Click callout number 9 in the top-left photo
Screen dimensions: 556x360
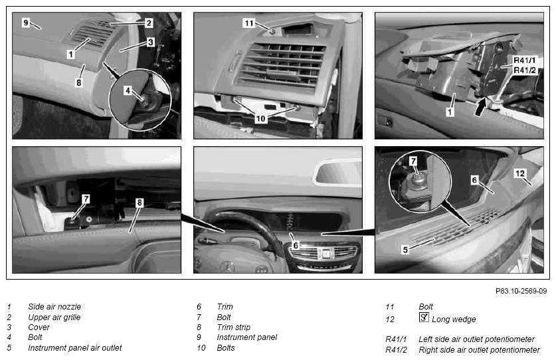(25, 23)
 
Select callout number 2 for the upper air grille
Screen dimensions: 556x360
(149, 23)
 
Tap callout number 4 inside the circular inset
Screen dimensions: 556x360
(128, 90)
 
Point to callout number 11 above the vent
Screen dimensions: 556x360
(249, 23)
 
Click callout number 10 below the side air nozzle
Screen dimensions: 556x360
(260, 118)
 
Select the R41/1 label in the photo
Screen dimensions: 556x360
(525, 60)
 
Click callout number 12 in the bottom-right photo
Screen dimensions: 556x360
(520, 173)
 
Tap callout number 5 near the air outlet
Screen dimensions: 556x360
(405, 250)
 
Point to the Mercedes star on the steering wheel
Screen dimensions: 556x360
(227, 267)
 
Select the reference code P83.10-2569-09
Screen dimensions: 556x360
(521, 291)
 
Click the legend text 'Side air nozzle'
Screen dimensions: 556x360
(54, 306)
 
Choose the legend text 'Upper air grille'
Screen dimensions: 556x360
(54, 317)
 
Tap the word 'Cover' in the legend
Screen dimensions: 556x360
(39, 327)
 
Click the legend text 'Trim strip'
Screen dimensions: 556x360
(234, 327)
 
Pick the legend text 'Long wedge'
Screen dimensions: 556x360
(454, 319)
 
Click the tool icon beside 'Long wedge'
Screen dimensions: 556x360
(424, 317)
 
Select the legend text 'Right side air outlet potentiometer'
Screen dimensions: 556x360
(480, 350)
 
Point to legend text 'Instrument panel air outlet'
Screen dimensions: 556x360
(75, 347)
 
